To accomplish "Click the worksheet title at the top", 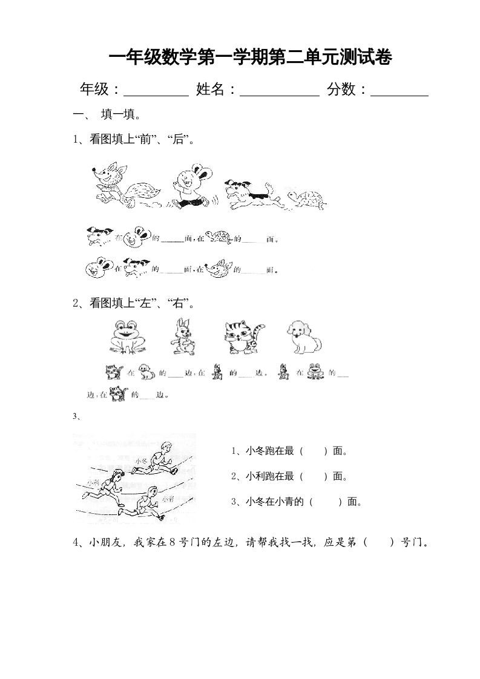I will coord(250,58).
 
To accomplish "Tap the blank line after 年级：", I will coord(156,91).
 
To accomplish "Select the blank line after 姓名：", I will coord(280,91).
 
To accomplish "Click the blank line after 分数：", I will coord(399,91).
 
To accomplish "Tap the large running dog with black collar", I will coord(252,194).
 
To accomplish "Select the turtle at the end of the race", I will coord(307,198).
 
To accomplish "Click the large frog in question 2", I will coord(128,336).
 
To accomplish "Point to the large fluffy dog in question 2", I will coord(303,336).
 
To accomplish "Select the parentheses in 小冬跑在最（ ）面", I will coord(314,451).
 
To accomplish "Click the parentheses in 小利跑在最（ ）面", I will coord(314,476).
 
